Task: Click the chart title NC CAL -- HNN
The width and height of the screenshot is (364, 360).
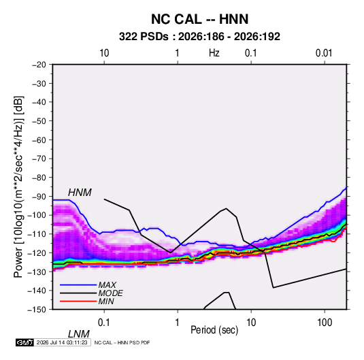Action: coord(199,19)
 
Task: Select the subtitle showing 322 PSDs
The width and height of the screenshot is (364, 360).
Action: coord(199,37)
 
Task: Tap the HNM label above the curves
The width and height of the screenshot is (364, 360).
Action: coord(80,193)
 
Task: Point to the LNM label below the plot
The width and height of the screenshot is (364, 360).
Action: coord(78,334)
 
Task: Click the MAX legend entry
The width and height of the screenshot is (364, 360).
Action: coord(107,284)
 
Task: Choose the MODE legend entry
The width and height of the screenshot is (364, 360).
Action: coord(110,293)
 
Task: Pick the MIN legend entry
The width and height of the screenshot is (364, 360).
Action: coord(106,301)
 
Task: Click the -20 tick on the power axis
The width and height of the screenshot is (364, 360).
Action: coord(39,65)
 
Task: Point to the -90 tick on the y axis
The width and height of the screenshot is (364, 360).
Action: coord(39,197)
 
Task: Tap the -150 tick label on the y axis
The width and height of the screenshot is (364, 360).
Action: coord(37,310)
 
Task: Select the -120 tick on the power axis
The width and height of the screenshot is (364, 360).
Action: coord(37,253)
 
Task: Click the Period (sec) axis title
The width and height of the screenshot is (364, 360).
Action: coord(214,330)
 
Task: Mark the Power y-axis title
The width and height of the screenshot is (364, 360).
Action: coord(18,187)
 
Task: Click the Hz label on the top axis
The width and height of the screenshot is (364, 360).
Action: coord(214,53)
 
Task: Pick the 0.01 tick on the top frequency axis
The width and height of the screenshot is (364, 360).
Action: coord(324,53)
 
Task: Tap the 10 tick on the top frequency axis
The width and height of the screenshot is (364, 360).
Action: coord(104,53)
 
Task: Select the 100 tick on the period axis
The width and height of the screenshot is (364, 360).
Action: coord(325,323)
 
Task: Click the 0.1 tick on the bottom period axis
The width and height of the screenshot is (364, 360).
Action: coord(104,323)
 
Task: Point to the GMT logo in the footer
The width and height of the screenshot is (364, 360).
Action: coord(25,342)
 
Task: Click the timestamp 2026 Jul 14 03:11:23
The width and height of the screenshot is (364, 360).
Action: coord(62,342)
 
